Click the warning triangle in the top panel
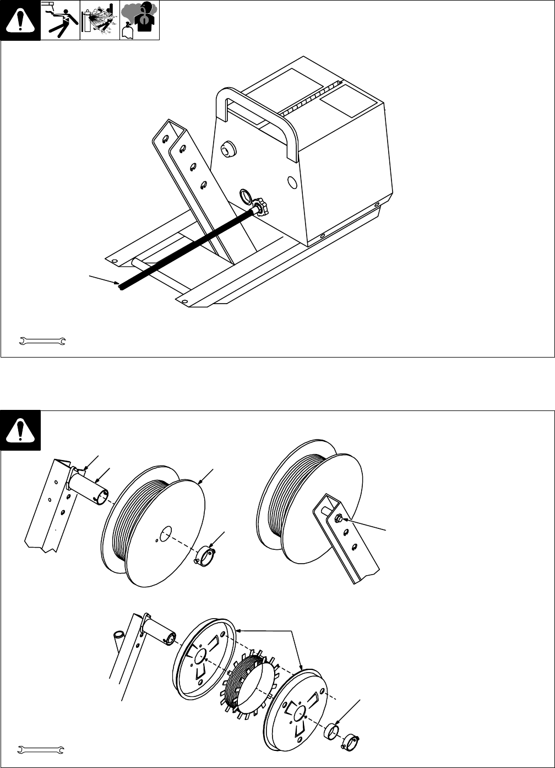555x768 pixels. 20,20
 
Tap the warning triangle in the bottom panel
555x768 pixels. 20,430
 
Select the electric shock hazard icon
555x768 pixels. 61,20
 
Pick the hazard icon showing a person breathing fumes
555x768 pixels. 140,20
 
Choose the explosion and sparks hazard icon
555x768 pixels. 100,20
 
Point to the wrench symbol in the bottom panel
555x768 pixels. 42,750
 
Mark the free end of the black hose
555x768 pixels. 121,286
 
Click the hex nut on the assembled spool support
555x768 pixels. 340,518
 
